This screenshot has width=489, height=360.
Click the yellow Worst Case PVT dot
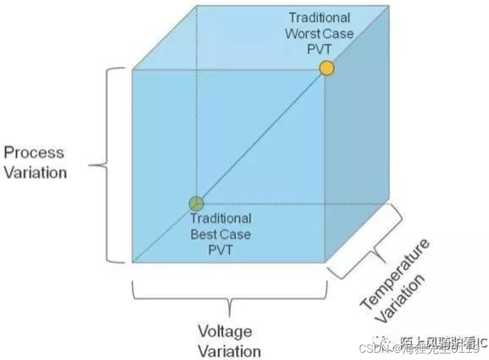click(327, 68)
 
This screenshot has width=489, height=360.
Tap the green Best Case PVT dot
click(196, 203)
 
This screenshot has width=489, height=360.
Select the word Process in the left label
click(34, 152)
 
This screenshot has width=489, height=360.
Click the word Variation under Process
click(36, 172)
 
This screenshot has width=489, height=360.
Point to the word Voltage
click(224, 332)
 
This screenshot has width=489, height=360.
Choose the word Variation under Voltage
click(229, 351)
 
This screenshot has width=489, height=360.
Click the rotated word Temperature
click(394, 275)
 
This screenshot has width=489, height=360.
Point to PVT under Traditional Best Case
click(220, 249)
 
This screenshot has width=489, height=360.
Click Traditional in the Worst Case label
click(319, 18)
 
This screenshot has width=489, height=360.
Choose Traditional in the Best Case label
click(221, 218)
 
